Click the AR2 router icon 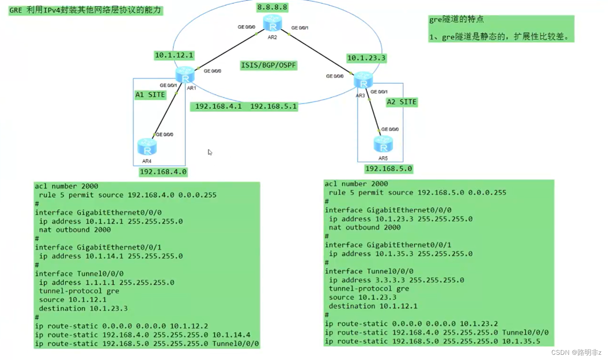(x=273, y=23)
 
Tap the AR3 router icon (x=363, y=80)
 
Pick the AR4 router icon (x=147, y=147)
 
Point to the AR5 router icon (x=383, y=144)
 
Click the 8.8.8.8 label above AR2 (x=272, y=7)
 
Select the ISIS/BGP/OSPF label (x=269, y=66)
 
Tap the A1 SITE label (x=150, y=95)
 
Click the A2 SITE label (x=402, y=102)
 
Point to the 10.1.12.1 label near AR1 (x=174, y=55)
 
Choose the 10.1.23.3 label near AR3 (x=366, y=58)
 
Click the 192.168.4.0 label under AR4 (x=163, y=172)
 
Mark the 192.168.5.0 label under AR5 (x=388, y=169)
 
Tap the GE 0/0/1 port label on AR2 (x=300, y=28)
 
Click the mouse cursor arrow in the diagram (x=209, y=151)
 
